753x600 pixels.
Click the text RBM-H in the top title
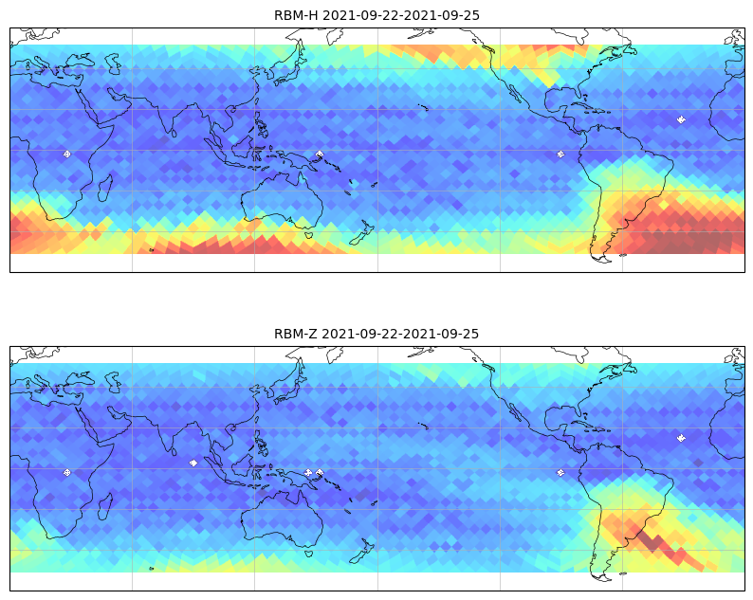click(296, 15)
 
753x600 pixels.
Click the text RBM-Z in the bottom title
click(295, 334)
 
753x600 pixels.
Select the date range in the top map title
click(400, 15)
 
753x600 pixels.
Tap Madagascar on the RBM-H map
click(105, 188)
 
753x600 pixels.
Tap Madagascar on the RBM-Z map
click(105, 506)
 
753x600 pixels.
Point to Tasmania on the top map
click(308, 235)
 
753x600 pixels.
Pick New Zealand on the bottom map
click(363, 550)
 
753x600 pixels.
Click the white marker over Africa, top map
click(67, 155)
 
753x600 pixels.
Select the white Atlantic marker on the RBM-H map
click(681, 119)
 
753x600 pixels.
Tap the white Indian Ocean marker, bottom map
click(193, 463)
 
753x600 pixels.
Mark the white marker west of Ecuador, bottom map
click(560, 473)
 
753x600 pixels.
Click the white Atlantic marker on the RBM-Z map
click(681, 438)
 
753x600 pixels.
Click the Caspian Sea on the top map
click(114, 64)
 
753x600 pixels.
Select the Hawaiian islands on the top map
click(423, 107)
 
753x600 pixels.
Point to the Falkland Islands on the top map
click(623, 255)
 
